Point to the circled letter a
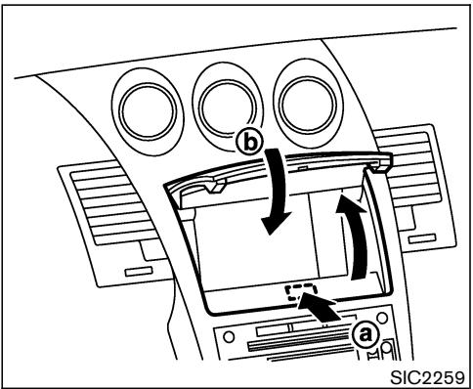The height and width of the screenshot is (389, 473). point(365,334)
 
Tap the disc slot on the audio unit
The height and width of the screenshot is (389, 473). point(293,349)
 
